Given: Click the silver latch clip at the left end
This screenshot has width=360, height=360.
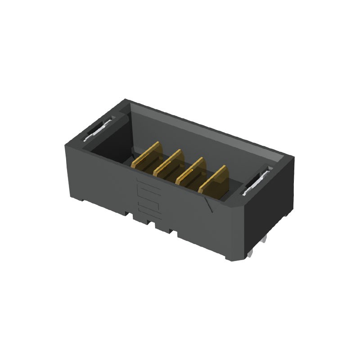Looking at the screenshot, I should tap(97, 130).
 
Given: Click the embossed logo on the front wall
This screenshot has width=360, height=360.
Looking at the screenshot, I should tap(148, 196).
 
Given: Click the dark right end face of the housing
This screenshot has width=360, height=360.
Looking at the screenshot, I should tap(270, 211).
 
